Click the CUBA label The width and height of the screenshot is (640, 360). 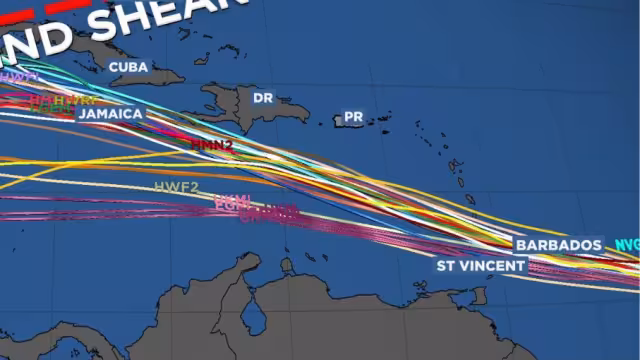[128, 67]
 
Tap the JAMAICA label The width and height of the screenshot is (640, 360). [111, 113]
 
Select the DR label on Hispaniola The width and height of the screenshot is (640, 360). [263, 98]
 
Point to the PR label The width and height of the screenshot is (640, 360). [353, 117]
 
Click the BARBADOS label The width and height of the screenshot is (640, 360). [559, 245]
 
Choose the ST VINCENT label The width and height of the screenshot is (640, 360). [480, 266]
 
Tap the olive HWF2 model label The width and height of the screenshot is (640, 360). [177, 187]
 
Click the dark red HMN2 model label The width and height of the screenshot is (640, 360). [211, 145]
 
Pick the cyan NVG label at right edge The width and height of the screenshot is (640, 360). [627, 244]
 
